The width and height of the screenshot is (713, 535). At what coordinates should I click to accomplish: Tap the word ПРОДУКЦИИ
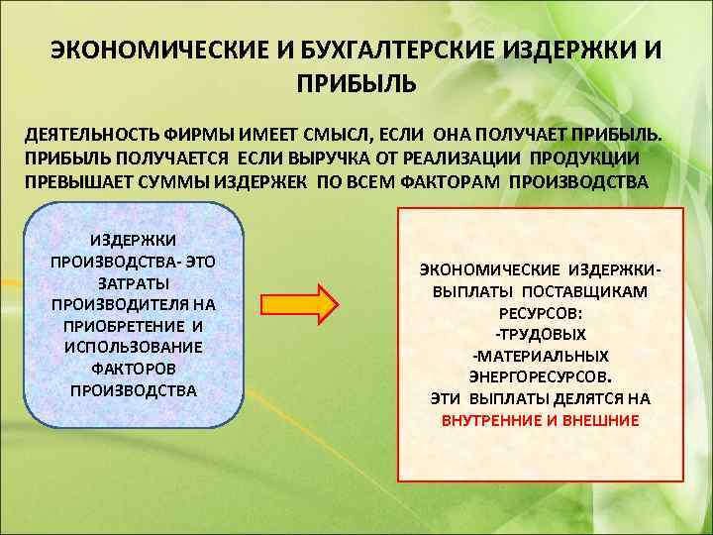click(584, 159)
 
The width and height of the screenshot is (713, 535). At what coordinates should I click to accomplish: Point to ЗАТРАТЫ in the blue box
click(134, 283)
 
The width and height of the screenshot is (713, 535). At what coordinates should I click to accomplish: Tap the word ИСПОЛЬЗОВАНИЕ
click(133, 347)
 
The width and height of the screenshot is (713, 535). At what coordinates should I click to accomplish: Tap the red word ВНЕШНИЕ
click(600, 420)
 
